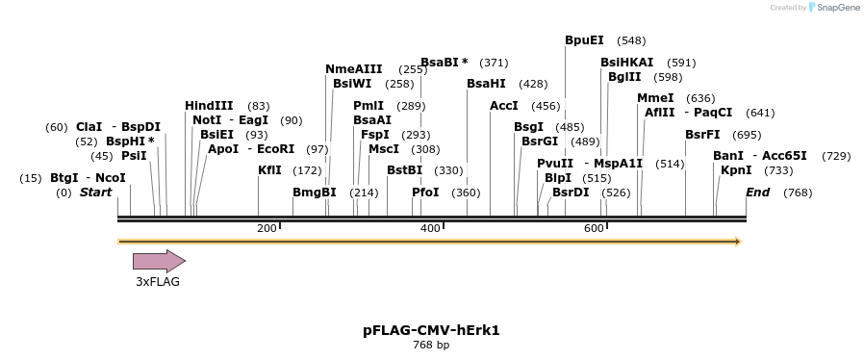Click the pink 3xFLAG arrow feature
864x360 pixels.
(159, 261)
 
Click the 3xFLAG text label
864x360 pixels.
(157, 282)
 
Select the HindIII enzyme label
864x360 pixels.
(209, 106)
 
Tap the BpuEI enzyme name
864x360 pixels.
(584, 40)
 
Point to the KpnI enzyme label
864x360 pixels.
(736, 170)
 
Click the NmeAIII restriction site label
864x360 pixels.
(353, 69)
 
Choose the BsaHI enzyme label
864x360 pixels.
(486, 84)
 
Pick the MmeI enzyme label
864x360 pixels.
(655, 98)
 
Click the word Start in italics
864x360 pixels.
(95, 193)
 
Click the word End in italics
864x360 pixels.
(757, 193)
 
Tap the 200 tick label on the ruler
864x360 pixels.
(267, 228)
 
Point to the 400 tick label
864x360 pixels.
(430, 228)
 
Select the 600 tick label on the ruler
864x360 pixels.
(594, 228)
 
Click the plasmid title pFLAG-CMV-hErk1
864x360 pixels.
(431, 330)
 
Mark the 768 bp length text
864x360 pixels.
(431, 345)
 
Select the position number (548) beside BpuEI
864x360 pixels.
(631, 40)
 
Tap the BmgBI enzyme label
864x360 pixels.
(314, 193)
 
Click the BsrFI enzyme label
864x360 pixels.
(702, 135)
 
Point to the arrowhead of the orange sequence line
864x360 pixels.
(738, 242)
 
